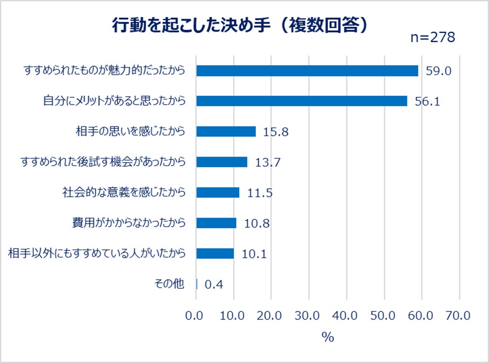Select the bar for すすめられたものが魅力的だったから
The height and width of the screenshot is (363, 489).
tap(307, 71)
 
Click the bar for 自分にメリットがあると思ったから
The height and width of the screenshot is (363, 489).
tap(301, 101)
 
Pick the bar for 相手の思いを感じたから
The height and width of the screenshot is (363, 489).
tap(226, 131)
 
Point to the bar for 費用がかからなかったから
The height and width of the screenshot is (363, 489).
tap(216, 223)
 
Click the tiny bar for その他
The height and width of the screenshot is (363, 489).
tap(197, 284)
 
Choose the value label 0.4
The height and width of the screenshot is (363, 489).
tap(214, 284)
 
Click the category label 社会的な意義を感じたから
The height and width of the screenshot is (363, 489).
tap(124, 192)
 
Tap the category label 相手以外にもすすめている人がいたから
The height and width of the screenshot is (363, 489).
tap(97, 253)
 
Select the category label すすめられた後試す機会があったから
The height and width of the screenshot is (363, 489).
tap(102, 161)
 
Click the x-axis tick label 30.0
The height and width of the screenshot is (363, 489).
tap(308, 316)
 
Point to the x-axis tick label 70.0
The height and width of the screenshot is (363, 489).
tap(459, 316)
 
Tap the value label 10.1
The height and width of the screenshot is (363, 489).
tap(254, 254)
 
